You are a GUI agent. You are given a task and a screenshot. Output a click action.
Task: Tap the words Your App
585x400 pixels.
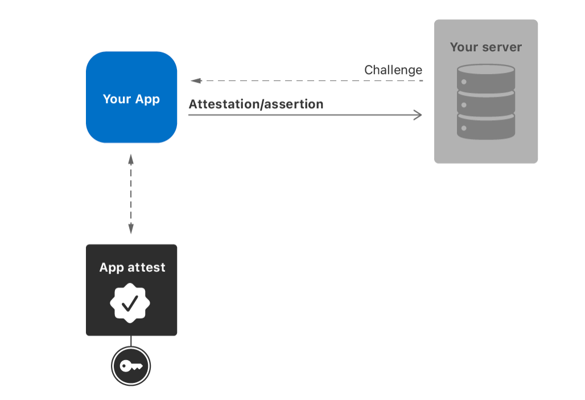131,99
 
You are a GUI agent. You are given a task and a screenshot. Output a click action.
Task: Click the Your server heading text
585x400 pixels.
485,47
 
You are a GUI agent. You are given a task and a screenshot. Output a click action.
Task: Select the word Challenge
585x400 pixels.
393,70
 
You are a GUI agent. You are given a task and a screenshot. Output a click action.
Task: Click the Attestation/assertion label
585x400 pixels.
256,104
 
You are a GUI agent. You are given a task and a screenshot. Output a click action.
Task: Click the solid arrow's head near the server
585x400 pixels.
418,115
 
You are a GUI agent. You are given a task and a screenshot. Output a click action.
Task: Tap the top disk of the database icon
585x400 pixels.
486,77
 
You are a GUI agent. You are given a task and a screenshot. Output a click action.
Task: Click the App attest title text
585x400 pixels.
132,267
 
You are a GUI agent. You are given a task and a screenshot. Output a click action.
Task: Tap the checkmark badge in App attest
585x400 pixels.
130,303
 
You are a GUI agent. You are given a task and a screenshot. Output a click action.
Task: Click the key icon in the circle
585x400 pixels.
130,366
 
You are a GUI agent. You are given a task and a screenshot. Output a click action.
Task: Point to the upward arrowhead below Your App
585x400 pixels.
131,158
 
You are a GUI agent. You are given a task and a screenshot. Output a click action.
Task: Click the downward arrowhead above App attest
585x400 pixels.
131,229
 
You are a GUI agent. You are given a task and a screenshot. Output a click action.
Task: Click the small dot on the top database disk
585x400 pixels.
464,83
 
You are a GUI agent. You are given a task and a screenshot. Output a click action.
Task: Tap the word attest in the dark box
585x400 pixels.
146,267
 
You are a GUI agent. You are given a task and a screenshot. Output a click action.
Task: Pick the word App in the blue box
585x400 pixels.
147,99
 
